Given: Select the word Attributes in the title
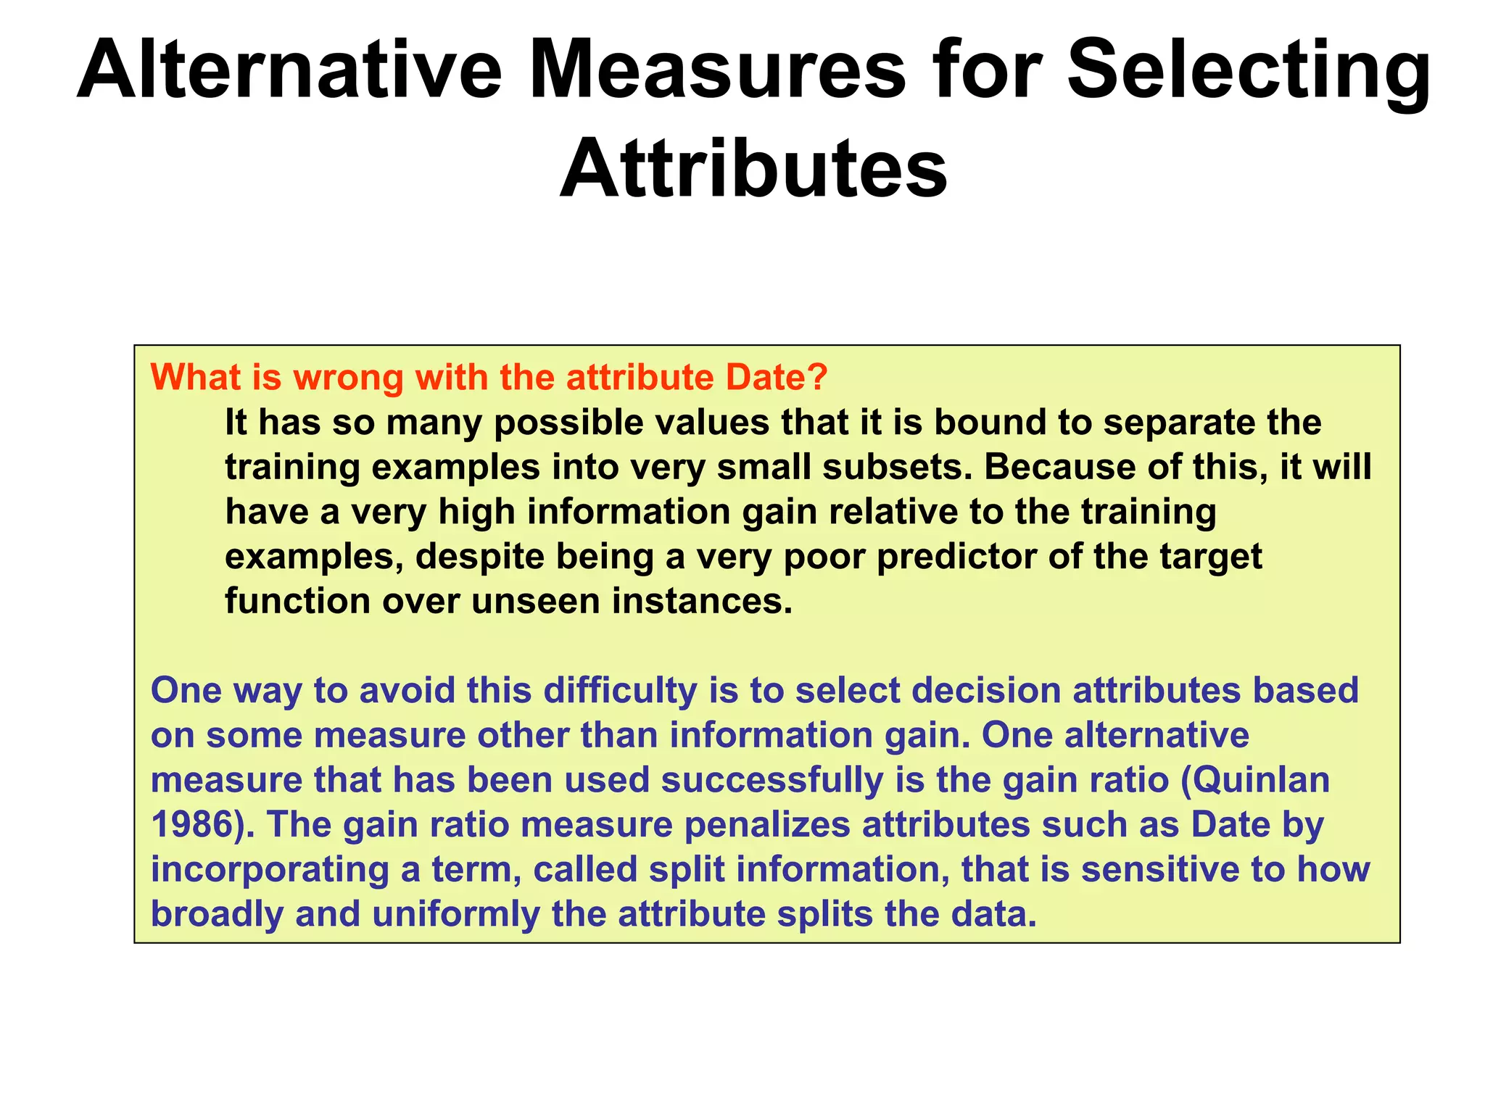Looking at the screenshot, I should click(x=753, y=170).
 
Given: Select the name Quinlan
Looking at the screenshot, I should click(x=1265, y=780).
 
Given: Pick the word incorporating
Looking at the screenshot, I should click(x=270, y=870).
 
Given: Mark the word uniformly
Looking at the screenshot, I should click(x=456, y=914).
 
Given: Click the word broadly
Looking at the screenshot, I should click(x=217, y=914).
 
